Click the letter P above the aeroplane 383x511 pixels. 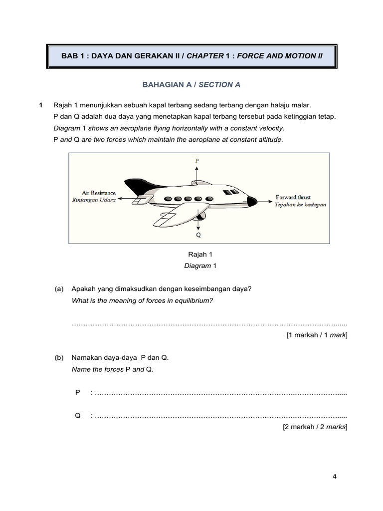point(197,161)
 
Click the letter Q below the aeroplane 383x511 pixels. point(198,234)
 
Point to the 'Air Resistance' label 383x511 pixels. point(99,193)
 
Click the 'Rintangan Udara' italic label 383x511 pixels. point(94,200)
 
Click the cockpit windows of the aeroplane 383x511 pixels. point(230,192)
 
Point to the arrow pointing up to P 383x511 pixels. point(197,172)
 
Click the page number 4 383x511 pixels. point(335,476)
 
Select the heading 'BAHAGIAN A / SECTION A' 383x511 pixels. point(191,85)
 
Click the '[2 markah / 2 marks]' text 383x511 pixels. point(315,427)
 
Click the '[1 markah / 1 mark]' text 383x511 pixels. point(317,335)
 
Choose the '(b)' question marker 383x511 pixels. point(59,358)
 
